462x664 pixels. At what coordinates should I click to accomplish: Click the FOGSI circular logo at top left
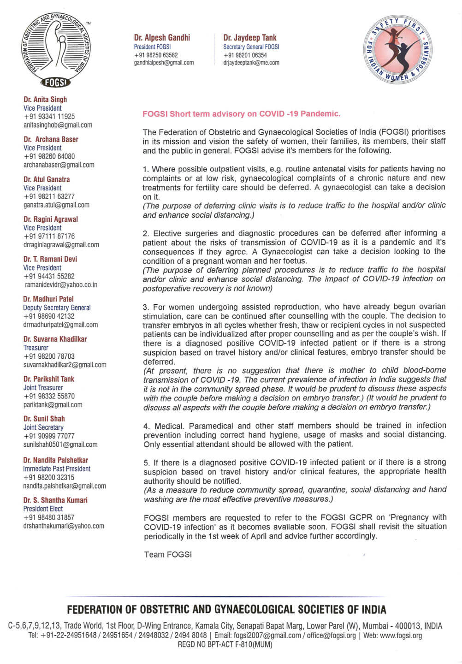pos(56,51)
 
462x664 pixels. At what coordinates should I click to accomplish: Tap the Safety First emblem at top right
pos(397,50)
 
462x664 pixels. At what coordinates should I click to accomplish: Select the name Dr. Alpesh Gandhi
pos(162,37)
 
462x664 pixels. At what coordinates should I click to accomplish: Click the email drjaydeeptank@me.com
pos(251,63)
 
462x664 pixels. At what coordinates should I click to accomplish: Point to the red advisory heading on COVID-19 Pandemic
pos(241,113)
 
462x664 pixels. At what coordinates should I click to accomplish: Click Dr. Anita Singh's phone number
pos(49,117)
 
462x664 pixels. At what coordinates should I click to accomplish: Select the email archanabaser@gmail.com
pos(59,165)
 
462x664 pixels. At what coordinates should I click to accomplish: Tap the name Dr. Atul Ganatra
pos(47,179)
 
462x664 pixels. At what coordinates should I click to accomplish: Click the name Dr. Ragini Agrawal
pos(51,219)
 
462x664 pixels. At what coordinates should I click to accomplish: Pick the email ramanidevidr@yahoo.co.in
pos(61,285)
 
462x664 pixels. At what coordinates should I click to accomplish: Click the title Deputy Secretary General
pos(57,308)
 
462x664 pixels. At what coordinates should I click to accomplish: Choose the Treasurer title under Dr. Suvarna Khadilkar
pos(36,348)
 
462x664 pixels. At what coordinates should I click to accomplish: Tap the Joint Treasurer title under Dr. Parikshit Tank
pos(43,388)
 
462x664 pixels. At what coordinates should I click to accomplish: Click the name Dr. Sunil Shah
pos(44,419)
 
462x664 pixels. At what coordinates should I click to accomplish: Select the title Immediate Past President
pos(57,468)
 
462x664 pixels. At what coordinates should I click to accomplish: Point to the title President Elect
pos(43,509)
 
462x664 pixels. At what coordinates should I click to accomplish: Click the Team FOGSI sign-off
pos(168,554)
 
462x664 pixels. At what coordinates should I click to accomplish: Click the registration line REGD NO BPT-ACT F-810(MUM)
pos(225,644)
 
